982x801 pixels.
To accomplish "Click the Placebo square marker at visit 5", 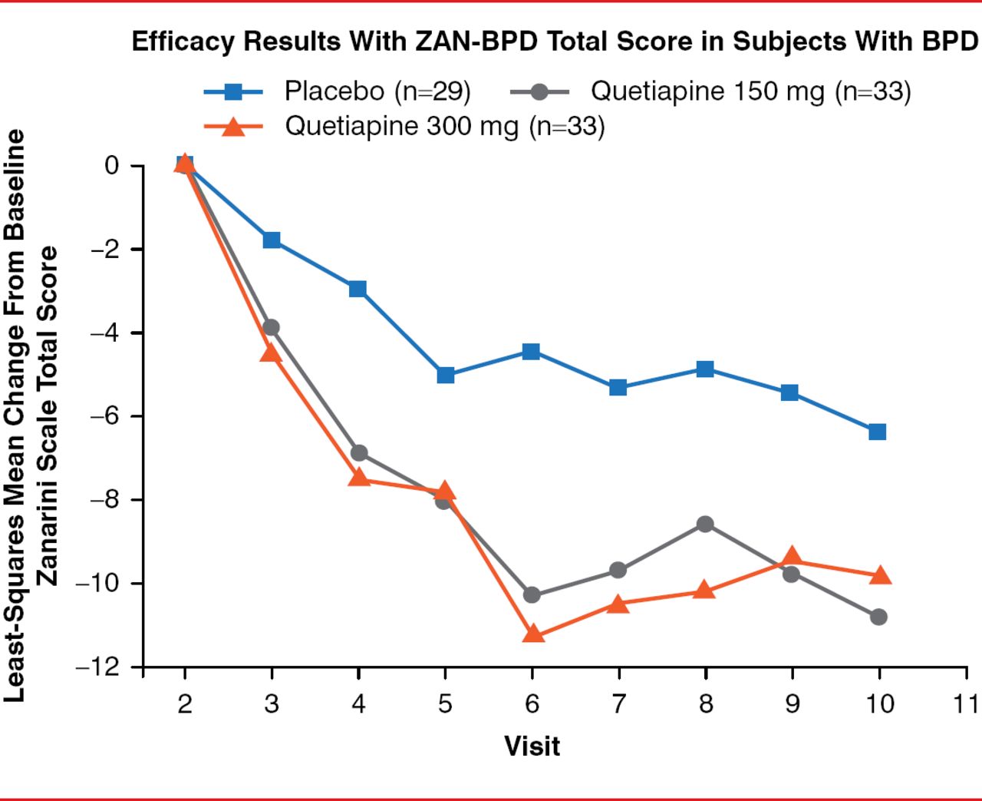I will [446, 376].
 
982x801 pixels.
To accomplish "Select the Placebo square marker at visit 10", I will [878, 432].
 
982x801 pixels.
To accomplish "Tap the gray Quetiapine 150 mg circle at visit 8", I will [705, 525].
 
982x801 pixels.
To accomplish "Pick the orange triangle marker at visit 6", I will [533, 634].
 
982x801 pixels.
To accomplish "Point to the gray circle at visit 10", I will [879, 617].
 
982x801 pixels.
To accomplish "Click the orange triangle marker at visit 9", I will [793, 558].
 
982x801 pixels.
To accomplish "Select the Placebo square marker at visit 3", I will [272, 240].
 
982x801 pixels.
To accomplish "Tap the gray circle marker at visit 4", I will [359, 453].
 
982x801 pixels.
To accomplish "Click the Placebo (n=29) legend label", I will [377, 91].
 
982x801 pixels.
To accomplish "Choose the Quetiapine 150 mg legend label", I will [750, 91].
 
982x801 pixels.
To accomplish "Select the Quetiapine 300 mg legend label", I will [445, 126].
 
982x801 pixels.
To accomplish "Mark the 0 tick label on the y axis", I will [113, 166].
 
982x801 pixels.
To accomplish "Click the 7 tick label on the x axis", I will [618, 703].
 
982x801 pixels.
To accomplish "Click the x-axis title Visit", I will [532, 746].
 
